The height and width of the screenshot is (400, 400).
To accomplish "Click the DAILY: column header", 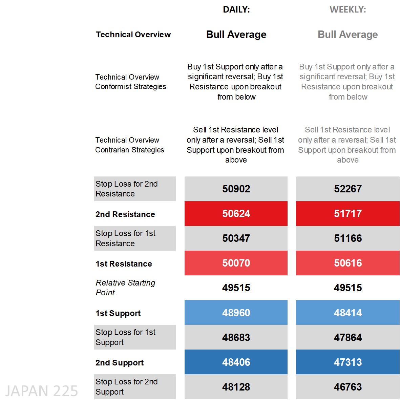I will tap(236, 10).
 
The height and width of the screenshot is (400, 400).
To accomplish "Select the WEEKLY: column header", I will tap(348, 10).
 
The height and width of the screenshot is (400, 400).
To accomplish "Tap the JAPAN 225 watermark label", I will tap(41, 391).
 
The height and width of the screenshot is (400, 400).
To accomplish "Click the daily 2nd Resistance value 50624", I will tap(236, 214).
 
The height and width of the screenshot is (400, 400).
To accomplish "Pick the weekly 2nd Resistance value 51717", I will tap(348, 214).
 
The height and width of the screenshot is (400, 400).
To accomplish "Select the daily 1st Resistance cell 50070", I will tap(236, 263).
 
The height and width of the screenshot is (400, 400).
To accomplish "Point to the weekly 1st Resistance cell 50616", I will tap(348, 263).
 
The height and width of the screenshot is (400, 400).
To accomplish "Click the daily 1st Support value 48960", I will tap(236, 313).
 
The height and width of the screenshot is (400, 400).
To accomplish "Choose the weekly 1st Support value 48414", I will tap(348, 313).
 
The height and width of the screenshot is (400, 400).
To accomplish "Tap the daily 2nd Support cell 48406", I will tap(236, 362).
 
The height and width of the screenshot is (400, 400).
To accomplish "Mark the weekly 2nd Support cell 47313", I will tap(348, 362).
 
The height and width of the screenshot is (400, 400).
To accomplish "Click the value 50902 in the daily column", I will tap(236, 189).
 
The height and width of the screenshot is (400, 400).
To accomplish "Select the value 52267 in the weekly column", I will tap(348, 189).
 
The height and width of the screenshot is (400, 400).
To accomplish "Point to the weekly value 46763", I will tap(348, 387).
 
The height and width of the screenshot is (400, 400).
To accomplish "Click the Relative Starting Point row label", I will tap(125, 288).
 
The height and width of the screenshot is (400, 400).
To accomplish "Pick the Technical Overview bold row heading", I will tap(133, 35).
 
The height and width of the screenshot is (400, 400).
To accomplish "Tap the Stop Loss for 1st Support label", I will tap(125, 337).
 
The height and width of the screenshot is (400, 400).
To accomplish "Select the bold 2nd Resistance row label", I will tap(125, 214).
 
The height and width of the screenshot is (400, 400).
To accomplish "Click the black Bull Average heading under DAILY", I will tap(236, 35).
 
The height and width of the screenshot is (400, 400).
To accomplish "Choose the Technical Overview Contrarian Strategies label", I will tap(129, 145).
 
